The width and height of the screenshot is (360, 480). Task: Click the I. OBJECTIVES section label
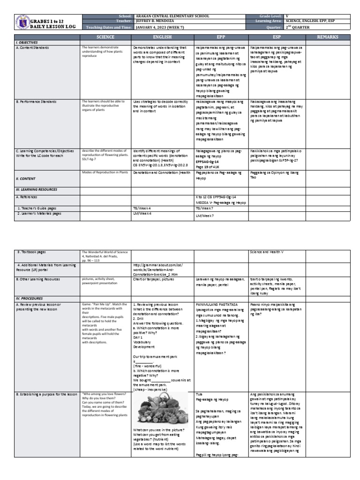tap(27, 42)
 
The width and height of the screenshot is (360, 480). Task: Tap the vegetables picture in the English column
tap(159, 409)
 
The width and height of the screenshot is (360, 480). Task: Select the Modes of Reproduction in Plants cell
tap(105, 172)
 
